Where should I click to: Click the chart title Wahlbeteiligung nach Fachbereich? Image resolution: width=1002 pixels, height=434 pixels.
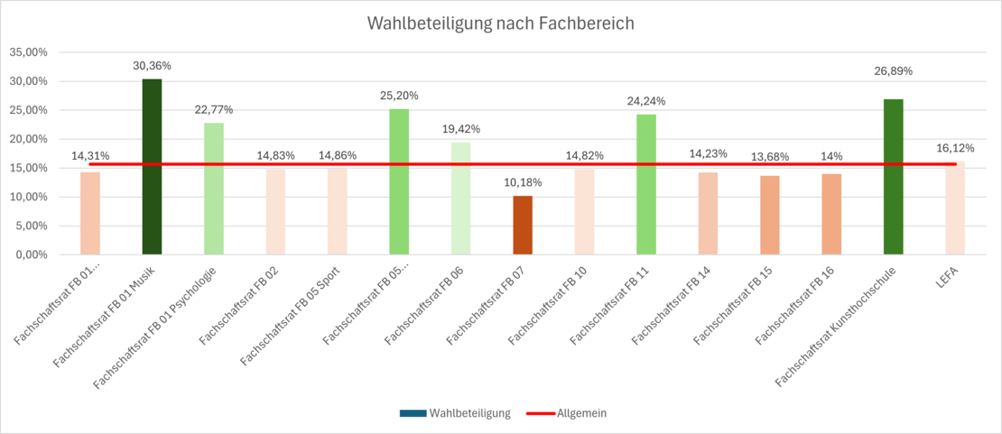click(x=500, y=23)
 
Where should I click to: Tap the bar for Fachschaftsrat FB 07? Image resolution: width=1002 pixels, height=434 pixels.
click(x=523, y=226)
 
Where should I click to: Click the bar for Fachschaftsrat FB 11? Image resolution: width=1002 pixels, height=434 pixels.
click(x=646, y=185)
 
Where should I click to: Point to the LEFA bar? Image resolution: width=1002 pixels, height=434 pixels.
click(x=955, y=208)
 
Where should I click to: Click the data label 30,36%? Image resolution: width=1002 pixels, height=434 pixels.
click(x=152, y=66)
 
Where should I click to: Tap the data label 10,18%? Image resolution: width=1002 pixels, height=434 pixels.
click(x=523, y=183)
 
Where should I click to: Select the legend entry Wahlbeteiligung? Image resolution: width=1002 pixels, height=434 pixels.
click(x=455, y=413)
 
